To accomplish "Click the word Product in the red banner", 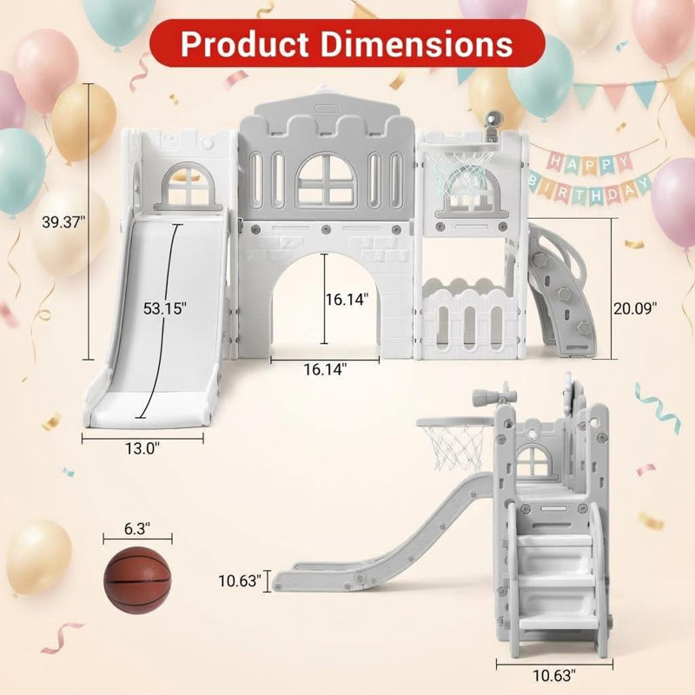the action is [245, 43].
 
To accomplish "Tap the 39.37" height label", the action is [63, 222].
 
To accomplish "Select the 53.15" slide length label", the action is [165, 308].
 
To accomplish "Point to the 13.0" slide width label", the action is [142, 448].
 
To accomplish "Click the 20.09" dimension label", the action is [635, 308].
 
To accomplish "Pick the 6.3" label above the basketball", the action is [137, 528].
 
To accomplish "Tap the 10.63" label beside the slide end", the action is [240, 580].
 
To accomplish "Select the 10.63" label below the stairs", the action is [554, 676].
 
